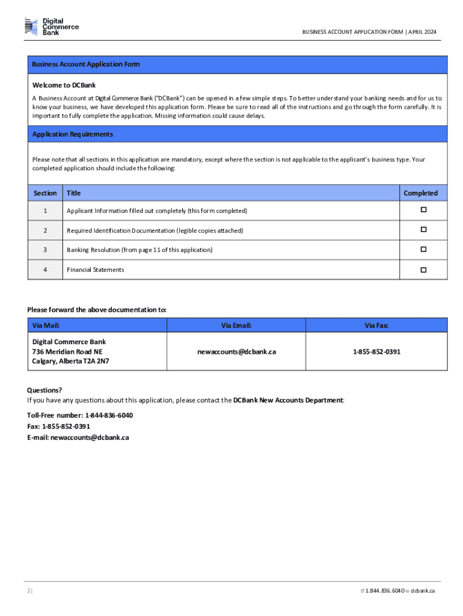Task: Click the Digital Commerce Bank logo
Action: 52,26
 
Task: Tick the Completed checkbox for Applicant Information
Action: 423,210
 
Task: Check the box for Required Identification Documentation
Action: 423,230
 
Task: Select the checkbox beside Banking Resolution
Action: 423,249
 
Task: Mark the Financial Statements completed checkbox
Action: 423,269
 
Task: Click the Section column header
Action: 45,193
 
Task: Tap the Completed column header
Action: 421,193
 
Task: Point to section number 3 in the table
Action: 45,250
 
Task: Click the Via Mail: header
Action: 46,325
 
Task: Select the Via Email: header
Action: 236,325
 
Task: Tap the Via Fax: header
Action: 376,325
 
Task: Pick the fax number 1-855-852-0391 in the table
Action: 376,351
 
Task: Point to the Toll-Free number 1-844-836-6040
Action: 109,416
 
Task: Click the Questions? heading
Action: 44,390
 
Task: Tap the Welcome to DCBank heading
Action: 60,85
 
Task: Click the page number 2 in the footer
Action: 29,591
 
